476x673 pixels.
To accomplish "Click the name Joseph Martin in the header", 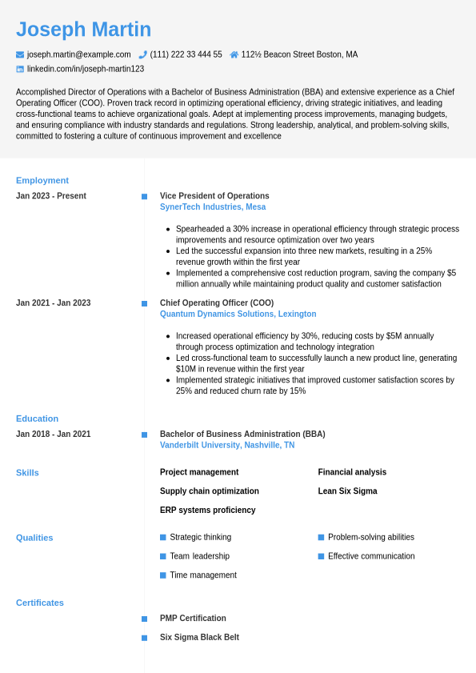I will click(x=83, y=30).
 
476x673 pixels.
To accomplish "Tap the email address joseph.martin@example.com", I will click(x=78, y=54).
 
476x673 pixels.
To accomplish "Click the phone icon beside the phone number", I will click(x=142, y=54).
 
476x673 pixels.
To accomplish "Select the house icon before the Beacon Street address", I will click(x=234, y=54).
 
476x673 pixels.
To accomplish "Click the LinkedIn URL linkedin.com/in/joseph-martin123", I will click(x=85, y=69).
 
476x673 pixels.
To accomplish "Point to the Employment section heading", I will click(x=42, y=180).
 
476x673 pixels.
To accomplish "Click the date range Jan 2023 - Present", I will click(x=51, y=196).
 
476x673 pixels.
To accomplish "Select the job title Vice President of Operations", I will click(x=214, y=196).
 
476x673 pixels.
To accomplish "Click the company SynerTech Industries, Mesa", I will click(x=213, y=206).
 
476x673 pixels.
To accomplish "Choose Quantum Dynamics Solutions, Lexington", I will click(x=238, y=314).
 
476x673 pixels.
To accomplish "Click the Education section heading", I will click(x=37, y=419).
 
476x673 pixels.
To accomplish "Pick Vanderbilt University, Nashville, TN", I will click(x=227, y=445).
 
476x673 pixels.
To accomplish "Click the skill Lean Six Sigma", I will click(x=347, y=491).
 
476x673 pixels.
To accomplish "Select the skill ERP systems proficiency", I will click(x=207, y=510).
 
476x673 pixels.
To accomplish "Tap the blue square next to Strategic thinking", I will click(x=163, y=537).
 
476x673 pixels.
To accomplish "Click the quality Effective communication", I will click(x=371, y=556).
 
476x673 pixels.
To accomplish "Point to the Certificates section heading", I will click(x=40, y=603).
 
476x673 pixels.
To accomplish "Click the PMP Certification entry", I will click(x=193, y=619).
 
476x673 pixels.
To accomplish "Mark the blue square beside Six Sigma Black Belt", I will click(x=144, y=638).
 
